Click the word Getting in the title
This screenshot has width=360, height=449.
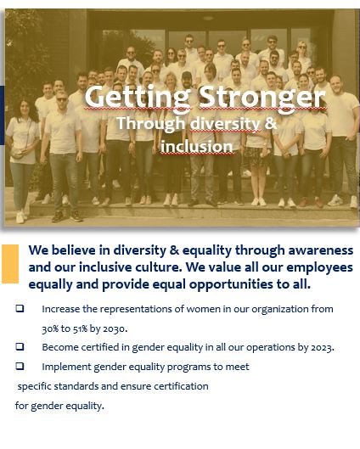click(138, 98)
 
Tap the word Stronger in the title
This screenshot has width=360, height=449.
click(262, 98)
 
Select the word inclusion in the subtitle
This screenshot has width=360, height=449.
click(196, 147)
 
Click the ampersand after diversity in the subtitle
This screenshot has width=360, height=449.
click(271, 123)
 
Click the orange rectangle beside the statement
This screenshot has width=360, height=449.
click(10, 264)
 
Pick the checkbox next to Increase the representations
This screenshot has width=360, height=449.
click(20, 308)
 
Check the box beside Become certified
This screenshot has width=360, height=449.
click(20, 346)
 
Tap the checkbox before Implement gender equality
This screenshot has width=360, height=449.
click(20, 366)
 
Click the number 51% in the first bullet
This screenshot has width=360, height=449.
click(80, 328)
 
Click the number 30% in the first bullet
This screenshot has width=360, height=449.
click(50, 328)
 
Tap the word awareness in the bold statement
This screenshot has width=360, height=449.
click(320, 250)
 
